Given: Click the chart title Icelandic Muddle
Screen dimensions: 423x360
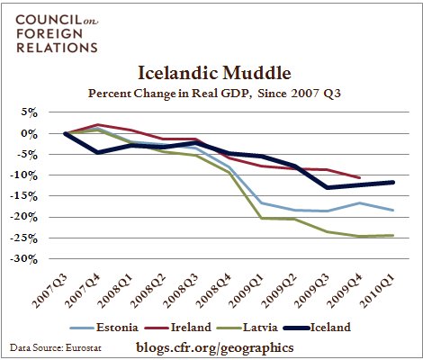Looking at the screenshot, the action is pos(214,73).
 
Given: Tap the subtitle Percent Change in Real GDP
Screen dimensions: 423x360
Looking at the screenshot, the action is pos(169,94).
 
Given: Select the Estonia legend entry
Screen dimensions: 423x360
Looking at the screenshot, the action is pos(104,328).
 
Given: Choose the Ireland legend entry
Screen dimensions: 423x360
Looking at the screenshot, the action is pos(178,328).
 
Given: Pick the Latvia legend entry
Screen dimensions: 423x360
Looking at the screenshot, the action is pos(247,328).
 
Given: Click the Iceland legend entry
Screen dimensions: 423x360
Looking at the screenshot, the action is pos(317,328).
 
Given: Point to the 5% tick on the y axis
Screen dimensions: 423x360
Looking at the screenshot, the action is pos(29,113).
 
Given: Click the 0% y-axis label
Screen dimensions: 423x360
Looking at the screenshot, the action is pos(29,134).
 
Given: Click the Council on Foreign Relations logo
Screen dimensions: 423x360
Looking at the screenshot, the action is pos(57,33).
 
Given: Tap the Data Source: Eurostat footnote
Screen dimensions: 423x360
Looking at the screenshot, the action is pos(56,348).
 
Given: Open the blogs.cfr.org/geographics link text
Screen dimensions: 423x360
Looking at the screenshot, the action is pos(215,347).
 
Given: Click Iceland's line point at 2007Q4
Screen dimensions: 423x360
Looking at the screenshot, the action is pos(97,152).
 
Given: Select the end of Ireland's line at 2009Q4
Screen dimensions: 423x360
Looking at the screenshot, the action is pos(359,177).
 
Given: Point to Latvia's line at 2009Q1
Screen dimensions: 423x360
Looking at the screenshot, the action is pos(261,218).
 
